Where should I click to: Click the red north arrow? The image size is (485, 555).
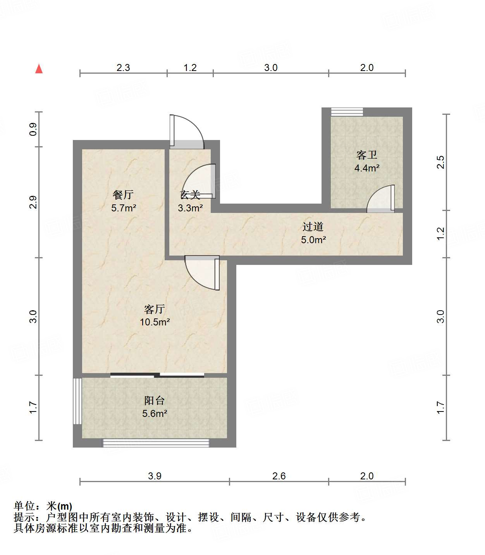[39, 69]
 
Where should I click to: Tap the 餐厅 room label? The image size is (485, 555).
[123, 194]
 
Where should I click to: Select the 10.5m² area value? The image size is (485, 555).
[155, 322]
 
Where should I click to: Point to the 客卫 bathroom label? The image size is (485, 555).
[366, 155]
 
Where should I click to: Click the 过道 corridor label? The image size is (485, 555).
[313, 226]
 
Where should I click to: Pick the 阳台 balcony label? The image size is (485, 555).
[155, 400]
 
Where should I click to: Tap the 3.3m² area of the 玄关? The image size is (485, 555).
[190, 208]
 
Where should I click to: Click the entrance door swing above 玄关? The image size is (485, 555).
[187, 131]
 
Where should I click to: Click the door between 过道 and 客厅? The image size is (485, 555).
[202, 273]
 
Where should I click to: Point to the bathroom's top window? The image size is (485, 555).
[347, 112]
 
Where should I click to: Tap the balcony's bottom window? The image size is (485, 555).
[156, 443]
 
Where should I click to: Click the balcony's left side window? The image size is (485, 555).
[77, 401]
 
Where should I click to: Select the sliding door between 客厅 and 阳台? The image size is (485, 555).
[157, 375]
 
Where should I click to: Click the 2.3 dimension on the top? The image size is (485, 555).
[123, 67]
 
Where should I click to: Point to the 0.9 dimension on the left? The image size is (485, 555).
[33, 130]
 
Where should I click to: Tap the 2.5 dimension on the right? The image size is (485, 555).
[440, 162]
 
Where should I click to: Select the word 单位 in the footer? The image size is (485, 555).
[24, 506]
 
